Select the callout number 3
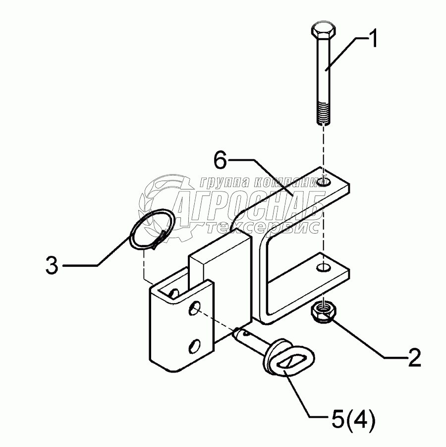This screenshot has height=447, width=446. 52,265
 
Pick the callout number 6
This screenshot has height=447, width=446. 221,161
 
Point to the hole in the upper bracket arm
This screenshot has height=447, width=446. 325,182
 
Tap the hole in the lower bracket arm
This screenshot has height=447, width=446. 323,268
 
